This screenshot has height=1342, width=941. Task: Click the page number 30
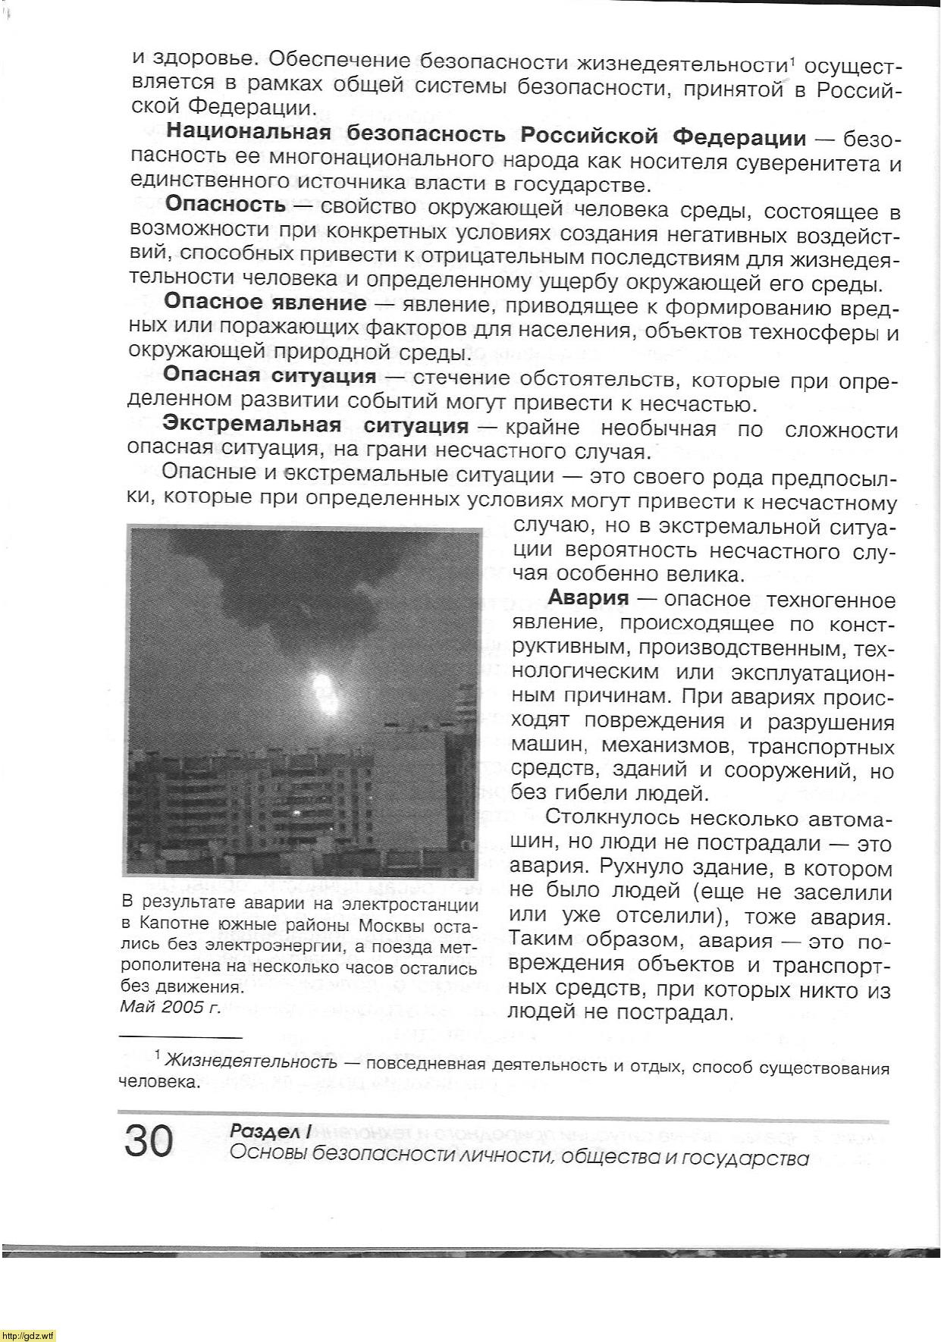pos(149,1141)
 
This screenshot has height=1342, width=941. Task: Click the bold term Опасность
pos(225,204)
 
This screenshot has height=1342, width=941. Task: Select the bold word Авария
pos(588,598)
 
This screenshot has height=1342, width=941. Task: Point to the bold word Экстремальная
pos(252,425)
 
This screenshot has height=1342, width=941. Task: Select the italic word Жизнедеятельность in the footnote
pos(251,1061)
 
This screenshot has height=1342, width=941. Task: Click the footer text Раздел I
pos(270,1132)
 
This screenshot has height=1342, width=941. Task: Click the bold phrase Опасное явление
pos(265,303)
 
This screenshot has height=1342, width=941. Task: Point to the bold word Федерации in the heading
pos(739,137)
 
